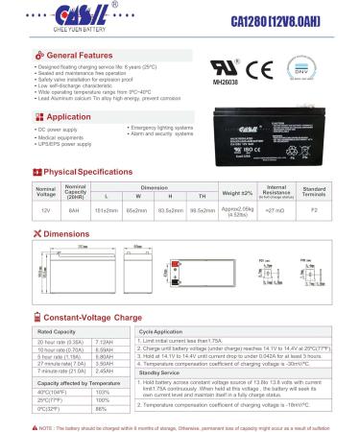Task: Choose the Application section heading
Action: (x=70, y=115)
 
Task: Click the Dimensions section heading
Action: (x=67, y=233)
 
